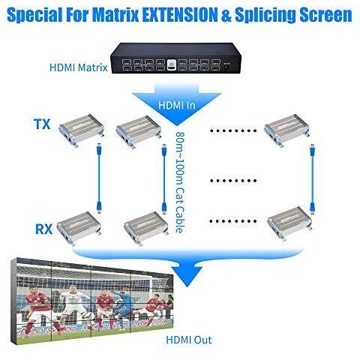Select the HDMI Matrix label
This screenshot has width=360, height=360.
click(x=79, y=67)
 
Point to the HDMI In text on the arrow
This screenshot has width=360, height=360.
click(x=177, y=105)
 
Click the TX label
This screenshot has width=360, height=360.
click(x=42, y=124)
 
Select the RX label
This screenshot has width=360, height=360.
click(x=44, y=229)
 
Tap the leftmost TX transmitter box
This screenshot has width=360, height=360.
click(x=82, y=130)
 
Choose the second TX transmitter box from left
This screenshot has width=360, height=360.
click(x=139, y=131)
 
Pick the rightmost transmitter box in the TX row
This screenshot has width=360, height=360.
click(x=286, y=130)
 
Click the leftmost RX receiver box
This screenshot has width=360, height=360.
click(x=79, y=228)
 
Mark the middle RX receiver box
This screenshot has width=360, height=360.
click(x=146, y=229)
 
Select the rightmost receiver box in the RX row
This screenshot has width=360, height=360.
click(x=290, y=223)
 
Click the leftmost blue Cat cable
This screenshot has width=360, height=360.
click(x=99, y=178)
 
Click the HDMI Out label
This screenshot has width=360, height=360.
click(x=189, y=340)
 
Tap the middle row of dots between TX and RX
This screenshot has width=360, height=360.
click(x=233, y=181)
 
